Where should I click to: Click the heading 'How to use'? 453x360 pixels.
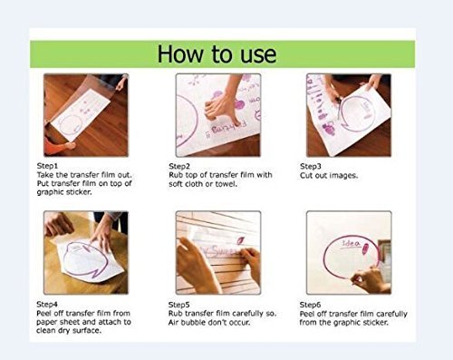click(217, 54)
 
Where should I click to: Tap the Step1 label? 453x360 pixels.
click(47, 166)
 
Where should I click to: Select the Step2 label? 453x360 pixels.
click(179, 166)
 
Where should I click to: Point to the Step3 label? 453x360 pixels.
click(311, 166)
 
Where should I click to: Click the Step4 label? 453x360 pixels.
click(47, 304)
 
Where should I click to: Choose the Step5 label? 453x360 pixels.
click(179, 305)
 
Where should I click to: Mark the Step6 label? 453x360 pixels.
click(310, 305)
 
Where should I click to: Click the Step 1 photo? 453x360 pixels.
click(86, 115)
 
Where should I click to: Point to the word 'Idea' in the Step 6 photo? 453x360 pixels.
click(351, 244)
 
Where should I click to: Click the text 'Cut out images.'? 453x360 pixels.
click(329, 176)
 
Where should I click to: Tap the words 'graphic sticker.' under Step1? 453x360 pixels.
click(64, 192)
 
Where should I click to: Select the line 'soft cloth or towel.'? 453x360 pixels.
click(203, 184)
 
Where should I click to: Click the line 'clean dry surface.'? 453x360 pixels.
click(69, 331)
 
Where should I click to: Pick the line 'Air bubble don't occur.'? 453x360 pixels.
click(209, 323)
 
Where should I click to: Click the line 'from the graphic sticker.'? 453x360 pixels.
click(344, 323)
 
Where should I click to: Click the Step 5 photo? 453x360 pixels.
click(218, 253)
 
